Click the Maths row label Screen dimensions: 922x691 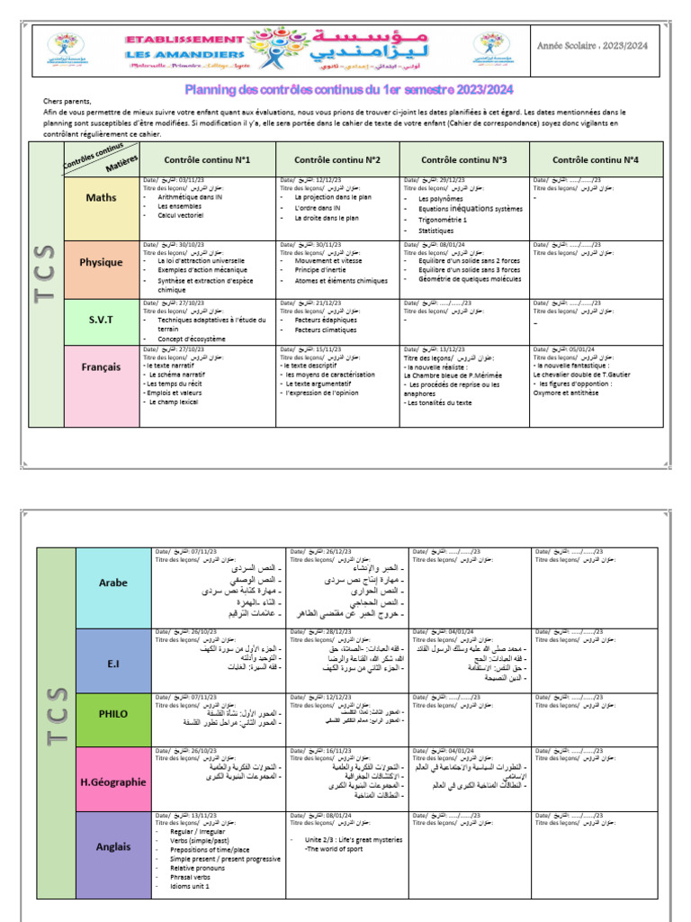point(101,197)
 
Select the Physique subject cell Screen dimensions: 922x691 point(101,263)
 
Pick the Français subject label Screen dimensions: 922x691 point(101,367)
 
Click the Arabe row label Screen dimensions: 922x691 point(113,582)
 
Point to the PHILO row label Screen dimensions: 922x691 point(113,714)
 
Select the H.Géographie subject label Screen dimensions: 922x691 point(113,782)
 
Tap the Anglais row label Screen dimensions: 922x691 point(113,846)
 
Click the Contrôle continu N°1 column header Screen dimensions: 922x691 point(207,159)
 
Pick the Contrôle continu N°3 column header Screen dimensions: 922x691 point(463,159)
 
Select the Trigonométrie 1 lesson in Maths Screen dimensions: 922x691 point(443,220)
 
